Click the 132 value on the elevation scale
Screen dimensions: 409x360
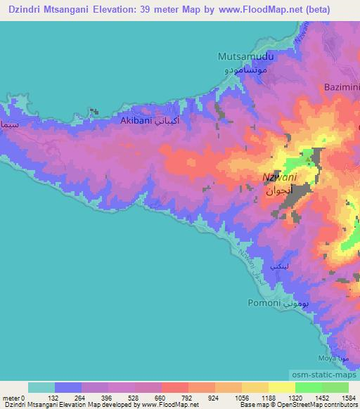(x=56, y=398)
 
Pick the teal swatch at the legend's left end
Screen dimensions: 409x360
(x=41, y=387)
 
